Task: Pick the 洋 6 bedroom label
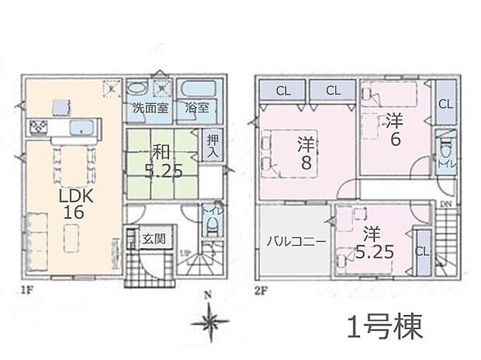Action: pyautogui.click(x=394, y=129)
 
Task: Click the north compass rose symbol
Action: pyautogui.click(x=210, y=320)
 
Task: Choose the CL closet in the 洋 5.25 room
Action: pyautogui.click(x=423, y=251)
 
